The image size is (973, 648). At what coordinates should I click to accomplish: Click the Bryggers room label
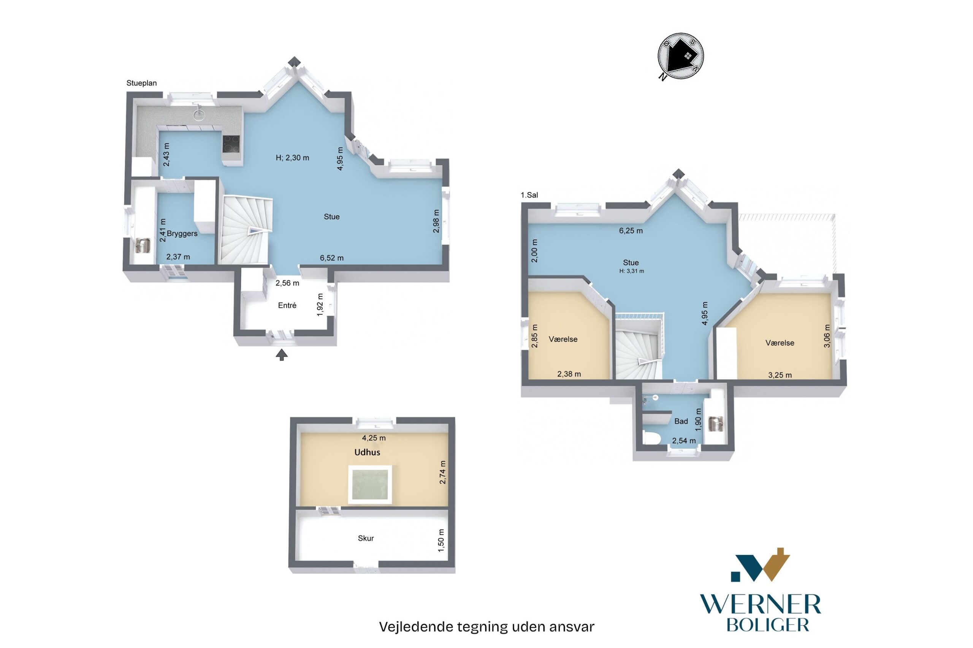click(x=182, y=234)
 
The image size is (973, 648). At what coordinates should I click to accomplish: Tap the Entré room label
click(x=287, y=305)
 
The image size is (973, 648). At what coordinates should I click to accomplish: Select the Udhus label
click(x=367, y=452)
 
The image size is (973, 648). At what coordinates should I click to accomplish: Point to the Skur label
click(x=366, y=538)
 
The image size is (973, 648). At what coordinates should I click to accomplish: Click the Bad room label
click(x=681, y=421)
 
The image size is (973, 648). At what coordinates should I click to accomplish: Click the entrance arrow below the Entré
click(x=282, y=355)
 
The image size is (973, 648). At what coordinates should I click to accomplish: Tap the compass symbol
click(x=680, y=57)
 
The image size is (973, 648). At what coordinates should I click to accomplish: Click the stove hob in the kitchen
click(x=231, y=145)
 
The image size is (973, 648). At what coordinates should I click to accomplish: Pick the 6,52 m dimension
click(x=332, y=258)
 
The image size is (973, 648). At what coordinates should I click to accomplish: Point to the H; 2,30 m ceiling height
click(x=292, y=158)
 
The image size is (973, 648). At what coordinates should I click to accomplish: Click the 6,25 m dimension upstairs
click(x=631, y=231)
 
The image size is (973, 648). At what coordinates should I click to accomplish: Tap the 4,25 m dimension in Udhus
click(x=374, y=438)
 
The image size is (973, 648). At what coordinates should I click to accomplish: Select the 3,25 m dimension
click(x=780, y=375)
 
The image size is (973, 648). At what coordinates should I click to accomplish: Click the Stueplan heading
click(x=141, y=83)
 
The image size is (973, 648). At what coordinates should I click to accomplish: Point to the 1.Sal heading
click(x=529, y=195)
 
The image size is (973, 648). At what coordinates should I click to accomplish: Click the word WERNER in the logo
click(x=760, y=605)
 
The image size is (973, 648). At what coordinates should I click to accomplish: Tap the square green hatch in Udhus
click(x=370, y=484)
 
